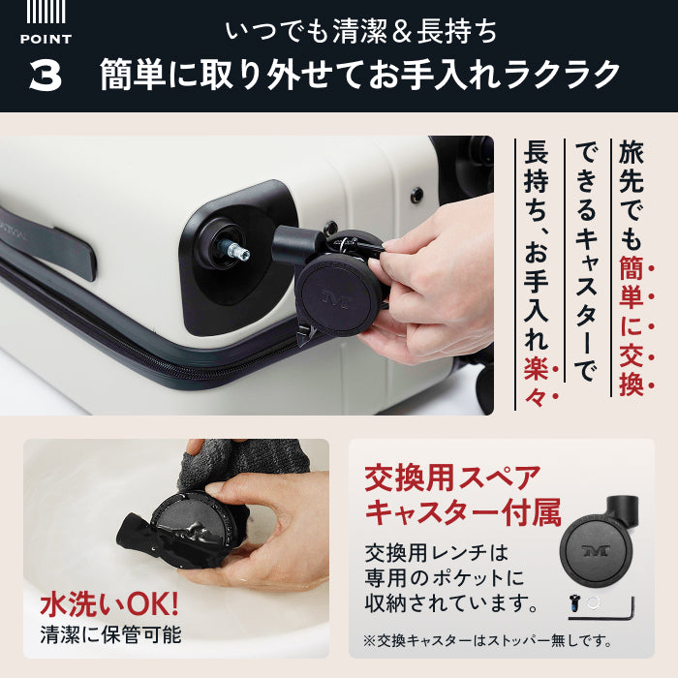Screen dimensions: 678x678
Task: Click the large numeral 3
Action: pyautogui.click(x=46, y=77)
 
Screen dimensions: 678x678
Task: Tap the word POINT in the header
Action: pyautogui.click(x=46, y=39)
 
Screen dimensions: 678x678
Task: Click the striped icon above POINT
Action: pyautogui.click(x=46, y=12)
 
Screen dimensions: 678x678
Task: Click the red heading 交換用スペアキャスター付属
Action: pyautogui.click(x=463, y=494)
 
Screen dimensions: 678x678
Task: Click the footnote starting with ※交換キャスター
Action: pyautogui.click(x=487, y=641)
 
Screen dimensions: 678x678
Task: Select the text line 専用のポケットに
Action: pyautogui.click(x=444, y=579)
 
